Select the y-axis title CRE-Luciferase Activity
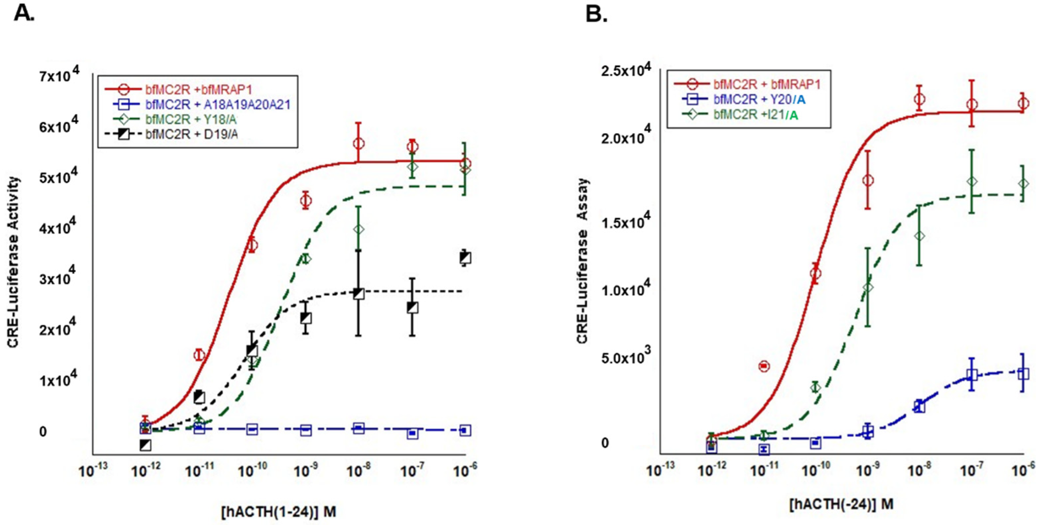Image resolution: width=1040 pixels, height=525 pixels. coord(14,262)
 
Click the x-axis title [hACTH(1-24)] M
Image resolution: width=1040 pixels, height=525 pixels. coord(279,512)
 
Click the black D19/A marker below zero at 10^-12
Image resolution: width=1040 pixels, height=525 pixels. coord(146,445)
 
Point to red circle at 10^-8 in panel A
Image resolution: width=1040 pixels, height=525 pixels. coord(358,144)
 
